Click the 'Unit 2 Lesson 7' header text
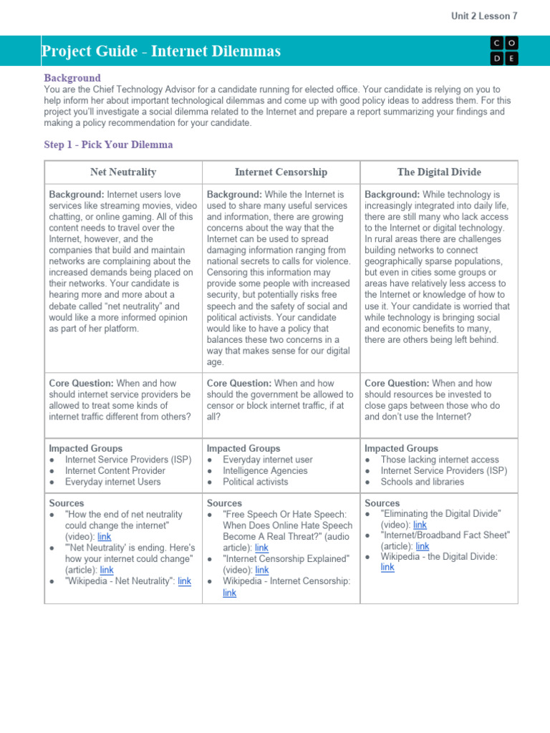(485, 15)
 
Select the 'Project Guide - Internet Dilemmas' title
(161, 52)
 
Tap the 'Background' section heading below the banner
(72, 78)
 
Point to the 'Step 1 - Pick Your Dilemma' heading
(108, 145)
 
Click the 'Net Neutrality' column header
(123, 173)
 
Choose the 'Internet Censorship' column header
(281, 173)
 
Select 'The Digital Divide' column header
(439, 173)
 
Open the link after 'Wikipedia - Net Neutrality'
(184, 581)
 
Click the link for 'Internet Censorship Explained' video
(262, 570)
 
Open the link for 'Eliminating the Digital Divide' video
(420, 525)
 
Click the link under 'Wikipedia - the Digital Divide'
(387, 567)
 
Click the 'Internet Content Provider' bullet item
(115, 471)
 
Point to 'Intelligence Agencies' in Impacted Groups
(265, 471)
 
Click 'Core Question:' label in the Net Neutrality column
(81, 384)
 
